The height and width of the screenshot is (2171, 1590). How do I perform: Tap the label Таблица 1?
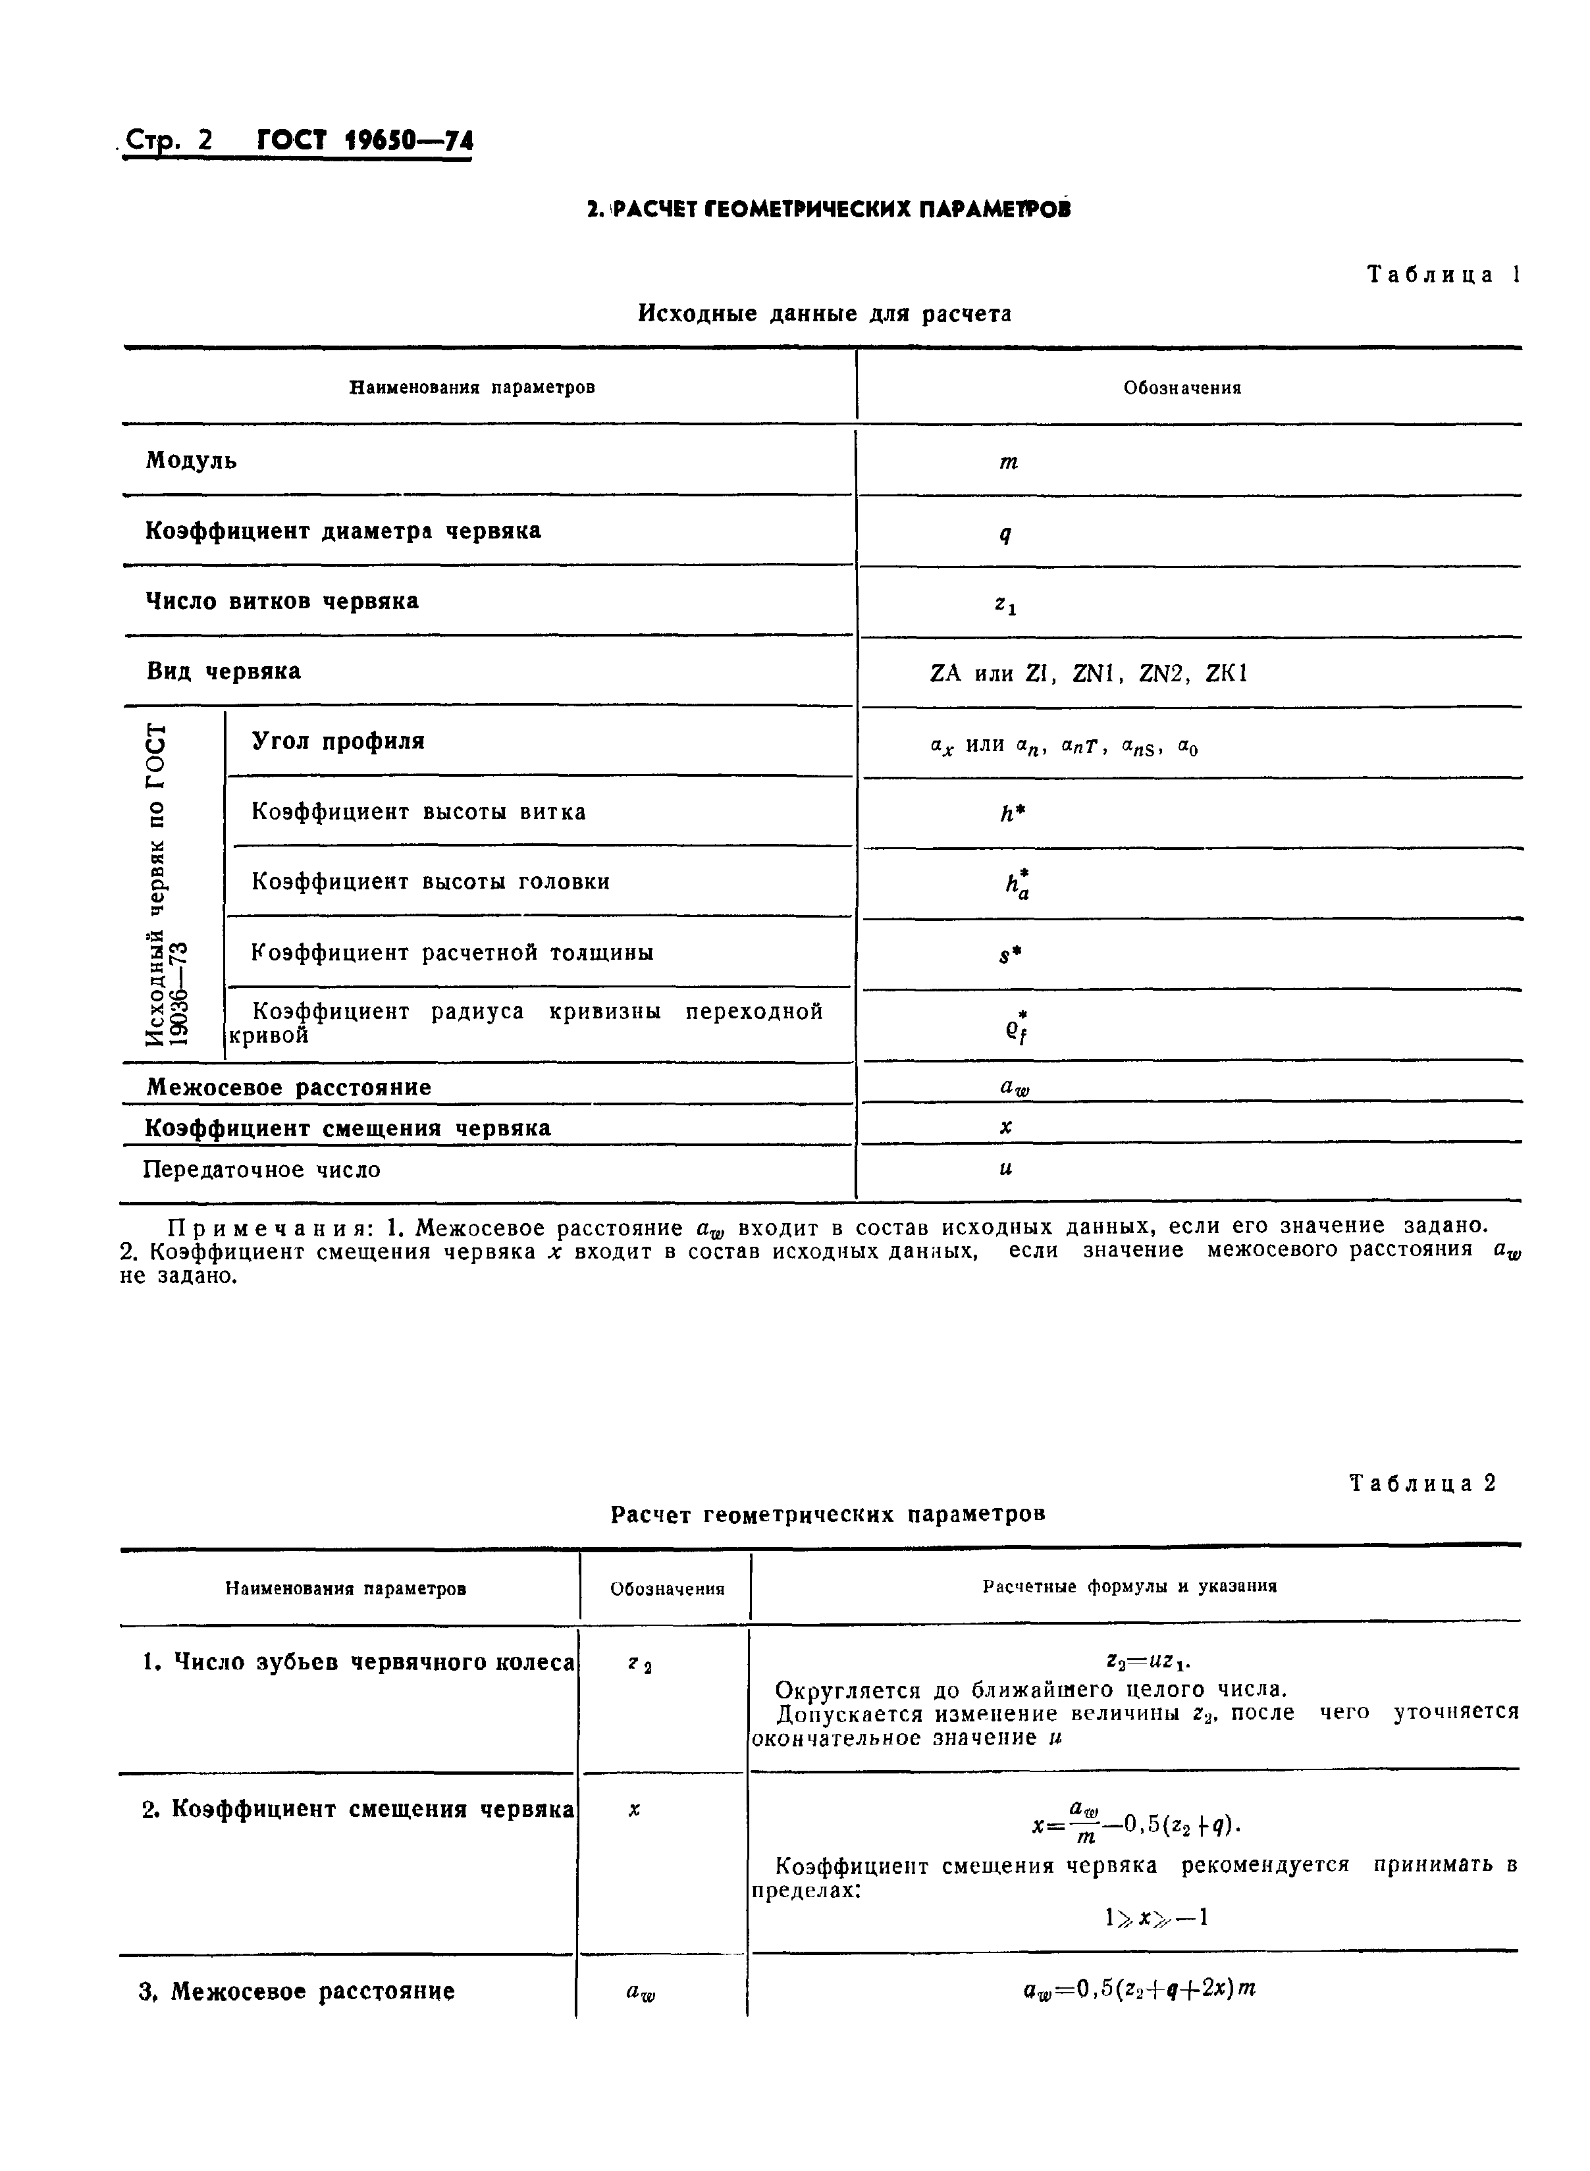[1443, 275]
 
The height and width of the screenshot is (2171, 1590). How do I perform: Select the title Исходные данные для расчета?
[825, 314]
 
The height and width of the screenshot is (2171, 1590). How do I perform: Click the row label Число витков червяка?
[282, 602]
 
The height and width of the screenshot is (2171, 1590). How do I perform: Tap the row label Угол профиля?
[338, 741]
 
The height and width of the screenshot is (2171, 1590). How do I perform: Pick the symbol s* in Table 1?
[1009, 955]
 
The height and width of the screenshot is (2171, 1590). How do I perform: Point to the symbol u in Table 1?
[1006, 1169]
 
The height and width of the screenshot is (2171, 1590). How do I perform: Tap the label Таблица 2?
[1423, 1483]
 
